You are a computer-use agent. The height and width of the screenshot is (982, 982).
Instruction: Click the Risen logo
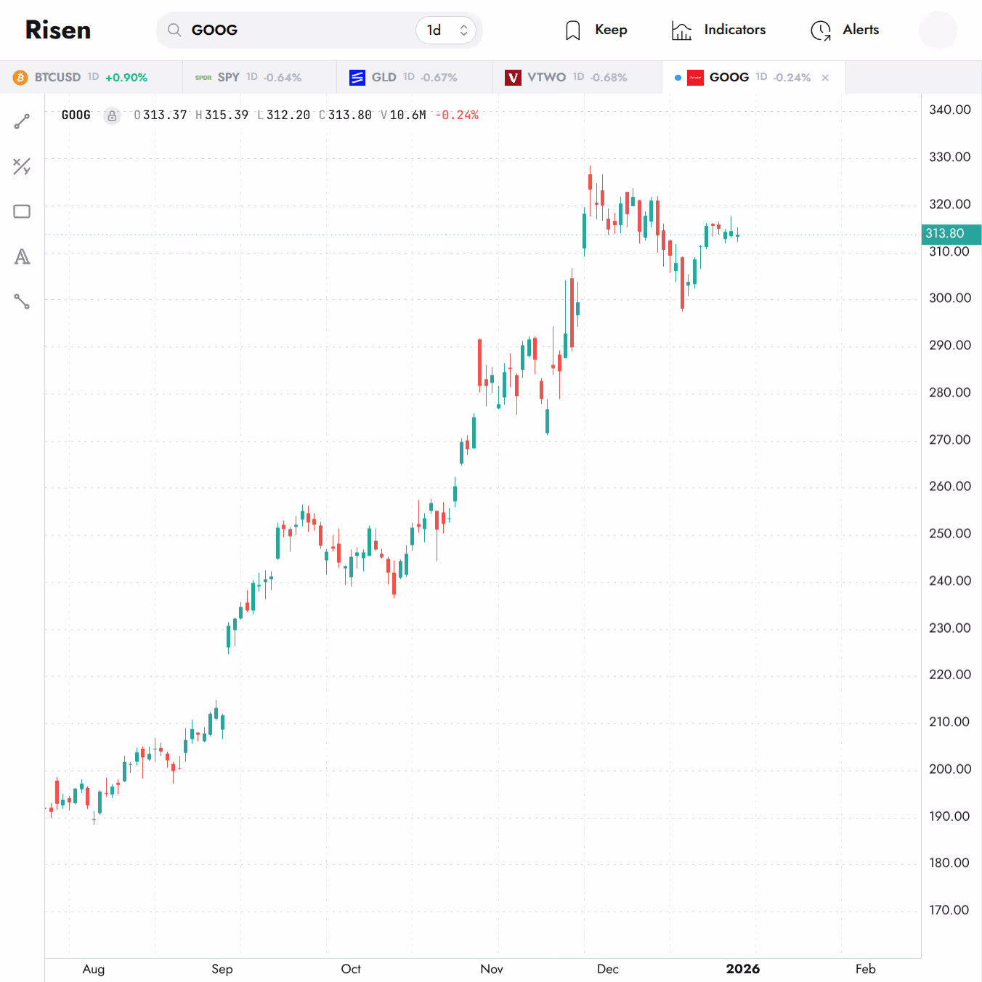58,30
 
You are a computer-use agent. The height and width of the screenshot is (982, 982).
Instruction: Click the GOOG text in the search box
214,30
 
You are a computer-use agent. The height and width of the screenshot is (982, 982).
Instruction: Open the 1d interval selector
446,30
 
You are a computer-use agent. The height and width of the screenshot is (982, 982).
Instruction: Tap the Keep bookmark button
596,30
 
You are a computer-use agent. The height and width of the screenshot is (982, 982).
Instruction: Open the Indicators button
719,30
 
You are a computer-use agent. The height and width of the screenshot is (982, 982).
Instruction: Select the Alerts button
845,30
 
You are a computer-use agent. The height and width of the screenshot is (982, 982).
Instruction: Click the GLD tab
404,77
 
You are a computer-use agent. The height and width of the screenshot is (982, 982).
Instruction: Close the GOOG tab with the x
825,78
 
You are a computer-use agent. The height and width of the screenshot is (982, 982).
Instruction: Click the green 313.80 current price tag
946,234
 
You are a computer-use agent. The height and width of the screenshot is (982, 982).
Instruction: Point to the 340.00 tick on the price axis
949,110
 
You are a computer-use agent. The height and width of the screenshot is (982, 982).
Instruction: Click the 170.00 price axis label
949,910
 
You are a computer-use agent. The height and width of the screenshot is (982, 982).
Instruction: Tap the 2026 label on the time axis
742,969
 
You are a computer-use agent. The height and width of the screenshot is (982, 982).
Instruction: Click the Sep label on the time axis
222,969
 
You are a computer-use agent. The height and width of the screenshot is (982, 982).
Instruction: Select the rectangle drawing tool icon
22,211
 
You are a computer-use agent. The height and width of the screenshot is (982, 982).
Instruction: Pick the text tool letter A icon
22,256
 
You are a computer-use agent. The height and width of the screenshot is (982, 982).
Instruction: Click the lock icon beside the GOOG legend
112,115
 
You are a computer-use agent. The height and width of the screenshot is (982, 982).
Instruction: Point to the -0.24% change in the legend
457,115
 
